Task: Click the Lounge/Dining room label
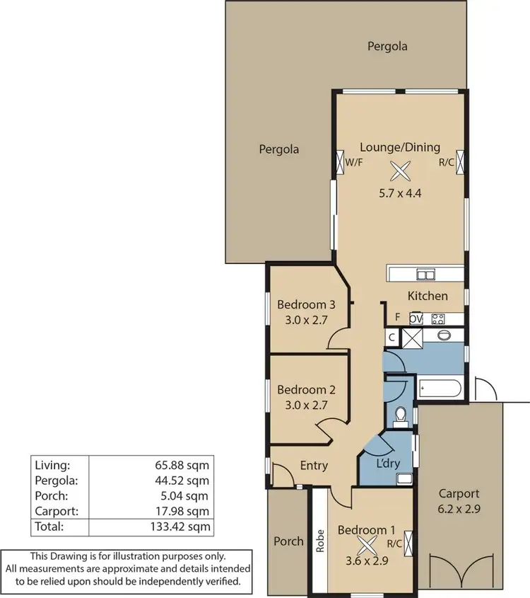(400, 147)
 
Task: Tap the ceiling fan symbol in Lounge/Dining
(401, 171)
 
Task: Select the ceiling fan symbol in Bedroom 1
(367, 544)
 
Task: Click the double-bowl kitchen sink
(425, 274)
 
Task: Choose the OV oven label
(416, 318)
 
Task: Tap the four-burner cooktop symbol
(437, 318)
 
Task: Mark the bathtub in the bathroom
(440, 389)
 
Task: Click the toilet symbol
(401, 415)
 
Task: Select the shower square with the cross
(412, 338)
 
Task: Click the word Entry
(314, 465)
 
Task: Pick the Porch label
(288, 541)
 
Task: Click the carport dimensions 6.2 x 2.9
(459, 507)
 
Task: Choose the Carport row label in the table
(54, 510)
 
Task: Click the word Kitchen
(428, 296)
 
